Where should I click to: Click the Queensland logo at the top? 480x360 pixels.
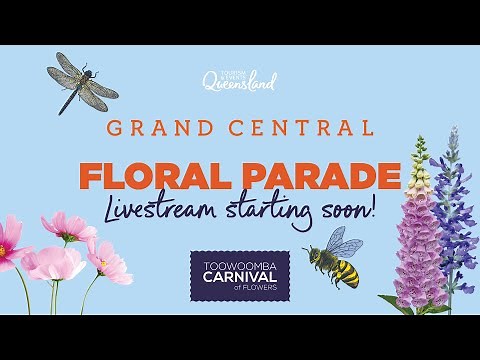coord(239,80)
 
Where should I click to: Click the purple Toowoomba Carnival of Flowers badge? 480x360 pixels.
coord(240,275)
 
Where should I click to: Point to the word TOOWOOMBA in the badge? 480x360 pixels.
coord(240,264)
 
